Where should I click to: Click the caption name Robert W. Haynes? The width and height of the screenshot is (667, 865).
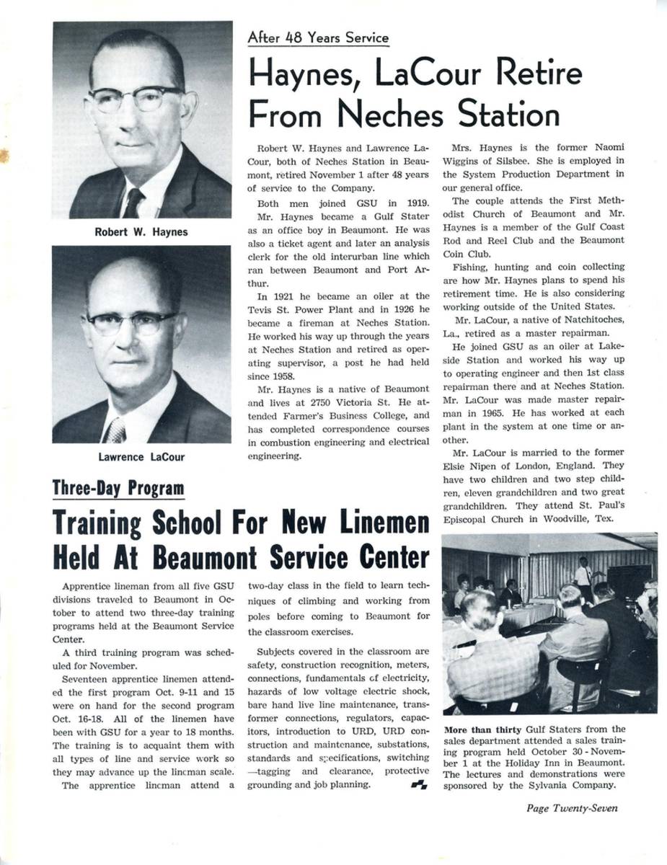pos(141,232)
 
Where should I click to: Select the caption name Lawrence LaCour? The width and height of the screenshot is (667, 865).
pos(141,456)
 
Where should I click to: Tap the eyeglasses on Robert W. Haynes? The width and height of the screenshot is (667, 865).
pos(136,97)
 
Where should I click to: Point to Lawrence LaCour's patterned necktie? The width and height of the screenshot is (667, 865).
pos(115,430)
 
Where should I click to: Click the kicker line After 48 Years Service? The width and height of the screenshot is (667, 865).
pos(318,38)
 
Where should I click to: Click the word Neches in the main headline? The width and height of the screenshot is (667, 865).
pos(385,114)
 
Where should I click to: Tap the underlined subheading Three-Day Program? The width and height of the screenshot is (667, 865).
pos(118,489)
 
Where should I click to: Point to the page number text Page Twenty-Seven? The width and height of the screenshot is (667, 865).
pos(572,808)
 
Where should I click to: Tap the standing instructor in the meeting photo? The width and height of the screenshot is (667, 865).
pos(582,573)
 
